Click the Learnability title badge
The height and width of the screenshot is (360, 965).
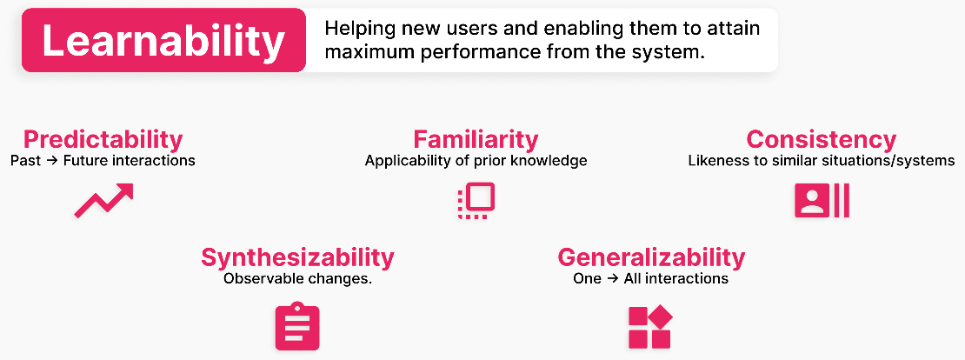pos(163,41)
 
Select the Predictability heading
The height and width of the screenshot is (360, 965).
pos(103,140)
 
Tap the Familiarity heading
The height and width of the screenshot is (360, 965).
pos(476,140)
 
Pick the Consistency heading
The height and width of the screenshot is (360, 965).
pos(821,140)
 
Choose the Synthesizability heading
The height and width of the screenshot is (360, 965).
pos(298,257)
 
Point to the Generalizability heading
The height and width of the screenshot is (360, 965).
pos(651,257)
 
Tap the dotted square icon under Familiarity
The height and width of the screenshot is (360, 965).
pos(476,201)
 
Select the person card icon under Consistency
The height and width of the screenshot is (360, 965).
pos(822,200)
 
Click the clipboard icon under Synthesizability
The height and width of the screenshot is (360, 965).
pos(297,326)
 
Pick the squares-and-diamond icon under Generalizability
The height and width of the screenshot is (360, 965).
pos(650,327)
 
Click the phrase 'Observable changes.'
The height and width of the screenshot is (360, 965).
pos(298,278)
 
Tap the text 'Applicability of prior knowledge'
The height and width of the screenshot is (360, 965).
pos(476,161)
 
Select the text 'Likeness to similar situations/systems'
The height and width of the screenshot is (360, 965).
pos(822,161)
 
